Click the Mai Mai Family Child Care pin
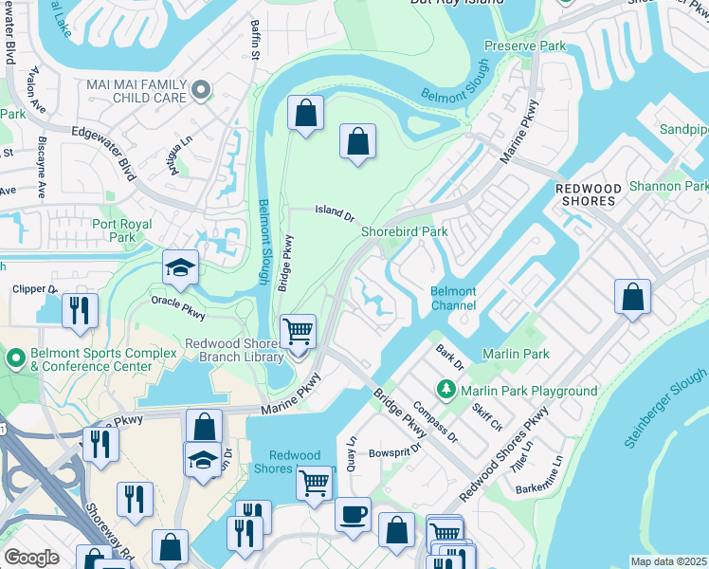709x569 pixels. click(x=200, y=90)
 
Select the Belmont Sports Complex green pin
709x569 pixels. click(x=15, y=359)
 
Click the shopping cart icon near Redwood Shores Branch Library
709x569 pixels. click(x=299, y=333)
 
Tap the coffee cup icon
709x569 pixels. click(x=353, y=514)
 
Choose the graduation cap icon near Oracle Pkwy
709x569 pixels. click(x=179, y=267)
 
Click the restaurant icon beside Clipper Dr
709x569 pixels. click(x=80, y=310)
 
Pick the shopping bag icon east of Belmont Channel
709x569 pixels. click(x=632, y=297)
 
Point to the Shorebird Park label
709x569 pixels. click(x=404, y=231)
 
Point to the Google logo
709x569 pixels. click(x=31, y=557)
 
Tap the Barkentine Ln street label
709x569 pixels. click(x=546, y=477)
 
